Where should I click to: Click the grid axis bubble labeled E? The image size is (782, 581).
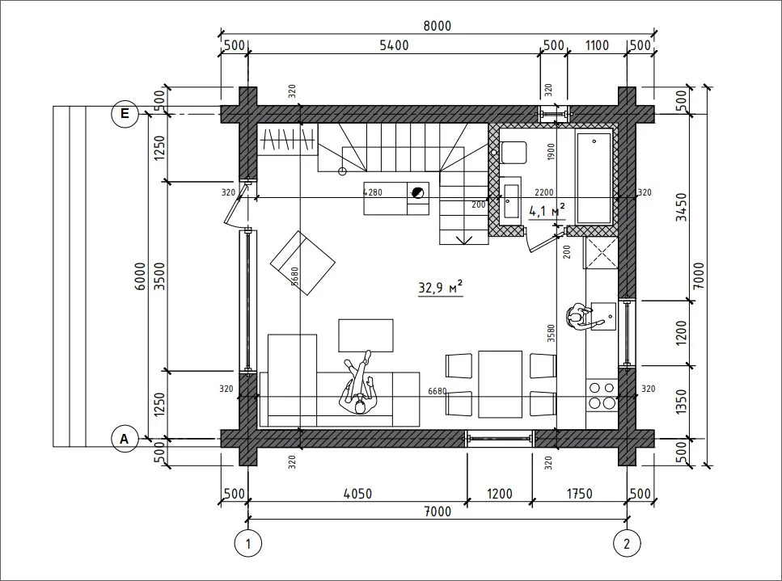124,114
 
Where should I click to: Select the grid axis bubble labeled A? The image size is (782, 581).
124,439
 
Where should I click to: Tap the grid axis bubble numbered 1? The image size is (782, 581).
248,543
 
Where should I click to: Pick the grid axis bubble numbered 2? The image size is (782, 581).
627,543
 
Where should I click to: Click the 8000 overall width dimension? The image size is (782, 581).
437,26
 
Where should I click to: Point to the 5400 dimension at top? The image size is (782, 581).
394,45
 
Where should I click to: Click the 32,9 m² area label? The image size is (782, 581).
441,288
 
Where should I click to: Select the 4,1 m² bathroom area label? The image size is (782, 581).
547,211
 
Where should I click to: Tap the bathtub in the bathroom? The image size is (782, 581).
594,178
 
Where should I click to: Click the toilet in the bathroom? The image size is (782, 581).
513,153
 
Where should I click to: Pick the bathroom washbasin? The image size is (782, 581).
510,201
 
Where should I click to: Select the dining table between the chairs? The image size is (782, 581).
501,384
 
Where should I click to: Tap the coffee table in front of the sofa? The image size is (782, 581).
366,336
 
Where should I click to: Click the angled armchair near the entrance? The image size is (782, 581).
302,263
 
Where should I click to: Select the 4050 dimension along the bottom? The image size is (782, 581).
358,494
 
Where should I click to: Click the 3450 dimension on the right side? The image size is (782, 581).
681,207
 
